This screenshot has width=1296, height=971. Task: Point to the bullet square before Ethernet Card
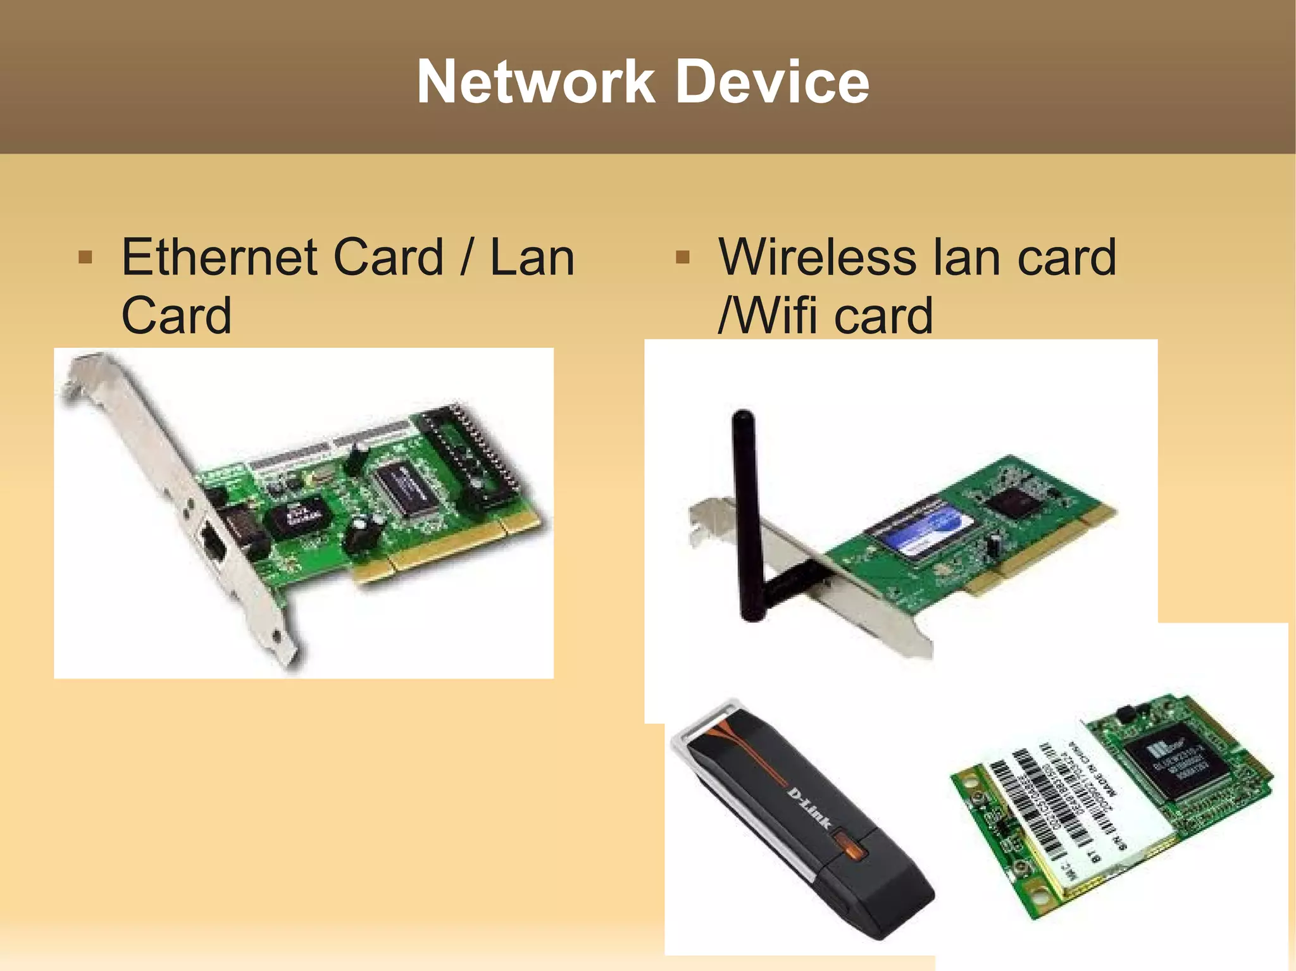pos(85,257)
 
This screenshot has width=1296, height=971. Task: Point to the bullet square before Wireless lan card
pos(682,257)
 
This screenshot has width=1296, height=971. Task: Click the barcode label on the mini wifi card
pos(1069,803)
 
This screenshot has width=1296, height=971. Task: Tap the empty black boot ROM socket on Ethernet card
pos(471,452)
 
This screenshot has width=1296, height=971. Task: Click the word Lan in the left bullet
pos(532,257)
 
